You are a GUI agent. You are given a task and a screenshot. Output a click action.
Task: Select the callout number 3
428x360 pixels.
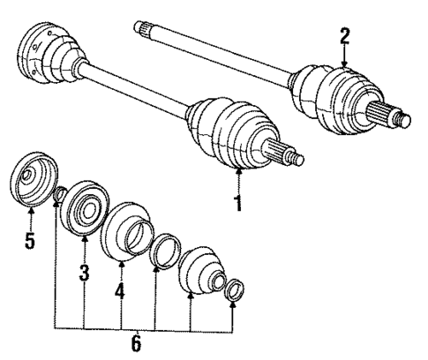[x=85, y=274]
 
